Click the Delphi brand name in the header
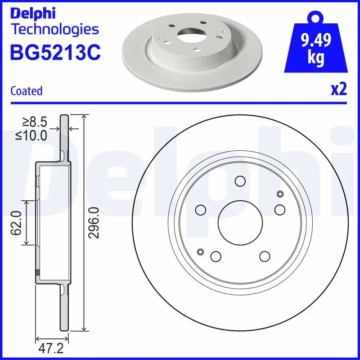point(33,13)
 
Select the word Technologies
point(54,30)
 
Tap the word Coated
point(26,91)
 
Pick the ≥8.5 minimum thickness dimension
point(34,122)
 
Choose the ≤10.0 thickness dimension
point(31,135)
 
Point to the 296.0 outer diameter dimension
point(94,223)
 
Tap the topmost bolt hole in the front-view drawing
point(240,181)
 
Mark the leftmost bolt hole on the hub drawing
point(200,210)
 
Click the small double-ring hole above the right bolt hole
point(280,194)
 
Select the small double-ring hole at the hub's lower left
point(200,252)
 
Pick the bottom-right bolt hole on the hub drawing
point(264,256)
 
